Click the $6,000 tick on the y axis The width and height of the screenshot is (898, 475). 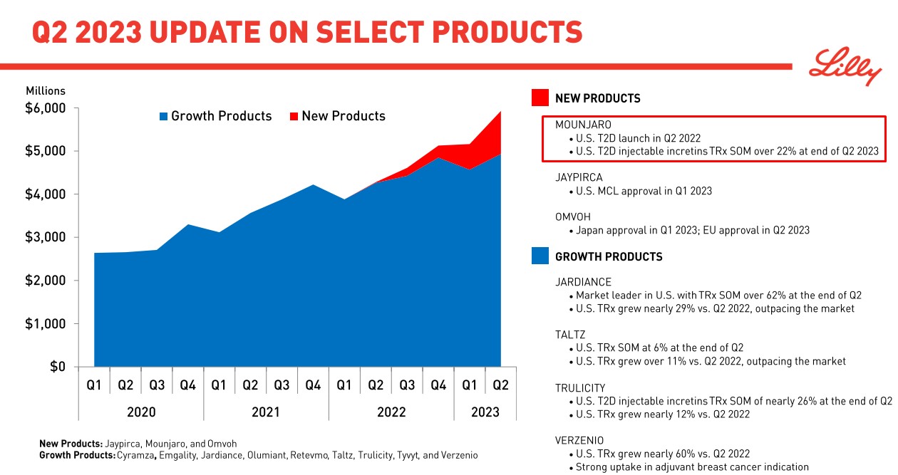46,108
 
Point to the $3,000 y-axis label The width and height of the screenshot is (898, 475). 46,237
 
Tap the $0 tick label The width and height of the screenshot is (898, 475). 57,367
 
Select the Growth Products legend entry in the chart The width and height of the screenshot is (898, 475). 215,116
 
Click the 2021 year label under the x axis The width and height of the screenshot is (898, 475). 266,412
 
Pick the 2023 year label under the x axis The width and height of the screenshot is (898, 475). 485,412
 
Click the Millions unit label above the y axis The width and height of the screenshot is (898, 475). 46,90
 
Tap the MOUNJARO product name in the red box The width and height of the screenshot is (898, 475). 583,125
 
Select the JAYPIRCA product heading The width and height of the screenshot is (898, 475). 579,177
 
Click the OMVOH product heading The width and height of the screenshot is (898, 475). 573,216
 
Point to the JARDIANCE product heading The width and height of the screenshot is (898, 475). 583,282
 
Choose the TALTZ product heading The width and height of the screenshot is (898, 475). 570,335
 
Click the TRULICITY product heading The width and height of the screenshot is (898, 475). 580,387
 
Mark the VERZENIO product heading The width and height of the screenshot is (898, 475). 579,440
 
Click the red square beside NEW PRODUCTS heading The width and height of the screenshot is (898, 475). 540,98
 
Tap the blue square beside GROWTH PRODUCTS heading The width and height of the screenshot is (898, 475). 540,256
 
